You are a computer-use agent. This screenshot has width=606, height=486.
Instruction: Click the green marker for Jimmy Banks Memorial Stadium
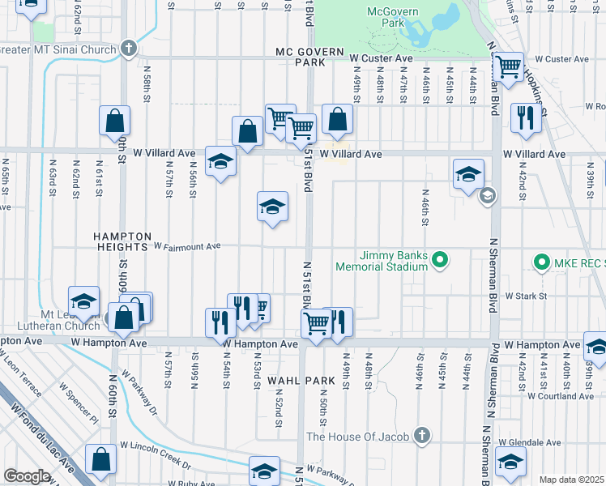click(x=440, y=260)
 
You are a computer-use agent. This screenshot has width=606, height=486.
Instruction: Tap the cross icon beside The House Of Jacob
click(x=420, y=437)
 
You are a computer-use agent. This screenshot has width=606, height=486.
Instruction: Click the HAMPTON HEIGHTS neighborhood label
click(x=112, y=241)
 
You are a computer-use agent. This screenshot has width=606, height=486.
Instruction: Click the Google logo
click(x=27, y=476)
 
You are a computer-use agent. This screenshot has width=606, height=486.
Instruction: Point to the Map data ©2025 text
click(x=571, y=480)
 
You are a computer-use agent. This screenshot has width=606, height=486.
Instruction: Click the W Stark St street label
click(x=527, y=296)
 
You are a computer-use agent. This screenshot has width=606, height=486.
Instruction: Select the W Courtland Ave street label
click(x=560, y=396)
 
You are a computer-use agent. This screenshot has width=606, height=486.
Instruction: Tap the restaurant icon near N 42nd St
click(x=525, y=118)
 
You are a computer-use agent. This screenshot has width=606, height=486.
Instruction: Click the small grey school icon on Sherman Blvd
click(x=487, y=196)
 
